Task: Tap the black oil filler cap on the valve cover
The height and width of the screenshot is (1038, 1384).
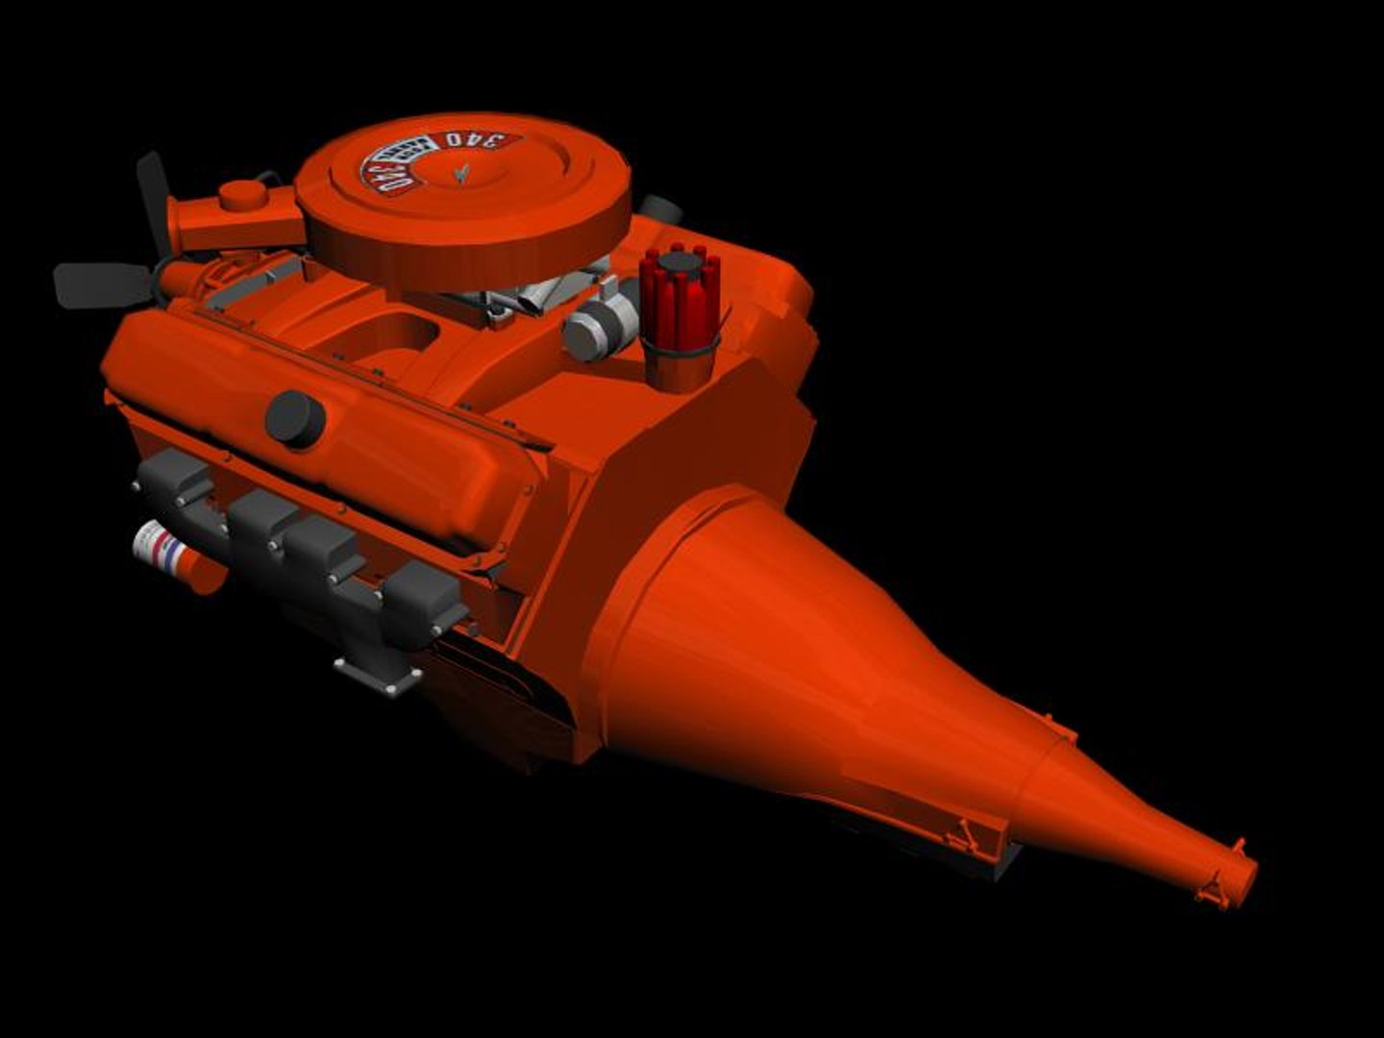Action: pyautogui.click(x=294, y=418)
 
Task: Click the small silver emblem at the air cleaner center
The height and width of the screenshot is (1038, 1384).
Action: pyautogui.click(x=461, y=173)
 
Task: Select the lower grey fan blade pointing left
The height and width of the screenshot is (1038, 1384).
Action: pyautogui.click(x=96, y=284)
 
